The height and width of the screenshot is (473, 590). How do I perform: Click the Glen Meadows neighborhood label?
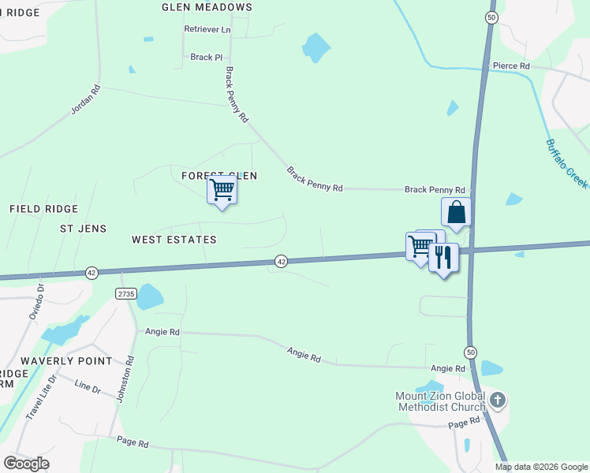point(207,7)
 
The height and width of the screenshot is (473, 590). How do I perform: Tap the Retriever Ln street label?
point(207,29)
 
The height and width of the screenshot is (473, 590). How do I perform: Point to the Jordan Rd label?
point(86,100)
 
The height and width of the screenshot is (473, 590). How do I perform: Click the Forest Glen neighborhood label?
point(219,176)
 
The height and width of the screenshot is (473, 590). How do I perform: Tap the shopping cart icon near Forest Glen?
point(222,190)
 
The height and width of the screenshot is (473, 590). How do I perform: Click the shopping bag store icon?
point(456,211)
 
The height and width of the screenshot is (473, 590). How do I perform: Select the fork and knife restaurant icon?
point(443,257)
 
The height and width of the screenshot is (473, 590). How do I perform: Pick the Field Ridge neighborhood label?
point(44,209)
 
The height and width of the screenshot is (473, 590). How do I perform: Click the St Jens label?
point(77,229)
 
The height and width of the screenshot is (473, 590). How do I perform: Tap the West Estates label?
point(174,240)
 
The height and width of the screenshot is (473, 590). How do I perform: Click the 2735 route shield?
point(125,293)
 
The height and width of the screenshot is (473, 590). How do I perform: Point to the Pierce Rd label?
point(510,66)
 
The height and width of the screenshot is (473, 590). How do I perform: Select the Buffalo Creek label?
point(566,163)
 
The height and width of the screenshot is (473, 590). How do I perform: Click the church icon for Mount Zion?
point(497,400)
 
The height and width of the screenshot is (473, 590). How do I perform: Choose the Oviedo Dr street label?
point(35,300)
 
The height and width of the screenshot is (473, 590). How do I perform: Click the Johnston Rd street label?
point(125,379)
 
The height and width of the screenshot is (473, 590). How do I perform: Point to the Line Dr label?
point(88,389)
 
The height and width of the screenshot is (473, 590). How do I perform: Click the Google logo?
point(26,464)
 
